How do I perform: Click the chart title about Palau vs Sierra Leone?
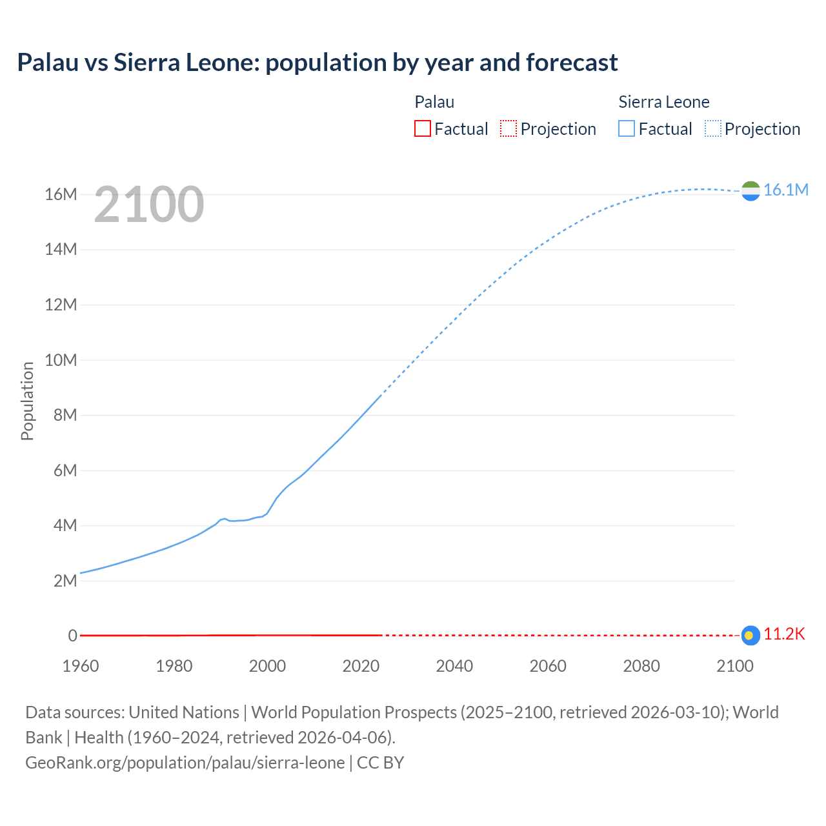tap(317, 63)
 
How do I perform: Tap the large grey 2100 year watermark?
tap(149, 205)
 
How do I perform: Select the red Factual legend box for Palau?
tap(422, 128)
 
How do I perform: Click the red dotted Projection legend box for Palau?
tap(509, 128)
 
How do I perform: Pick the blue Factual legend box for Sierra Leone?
tap(627, 128)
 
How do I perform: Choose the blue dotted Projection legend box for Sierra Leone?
tap(713, 128)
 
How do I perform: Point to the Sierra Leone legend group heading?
tap(663, 102)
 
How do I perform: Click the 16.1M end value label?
tap(785, 190)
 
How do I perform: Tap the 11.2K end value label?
tap(784, 634)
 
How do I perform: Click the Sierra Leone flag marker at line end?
tap(750, 191)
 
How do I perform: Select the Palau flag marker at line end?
tap(750, 636)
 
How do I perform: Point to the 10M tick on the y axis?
tap(61, 360)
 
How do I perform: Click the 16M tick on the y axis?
tap(61, 194)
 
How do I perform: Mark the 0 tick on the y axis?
tap(72, 636)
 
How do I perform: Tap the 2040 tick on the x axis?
tap(454, 666)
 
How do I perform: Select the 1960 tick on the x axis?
tap(81, 666)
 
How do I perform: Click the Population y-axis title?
tap(27, 401)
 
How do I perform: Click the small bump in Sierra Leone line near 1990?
tap(224, 518)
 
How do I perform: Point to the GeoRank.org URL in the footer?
tap(185, 763)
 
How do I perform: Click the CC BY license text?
tap(380, 763)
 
